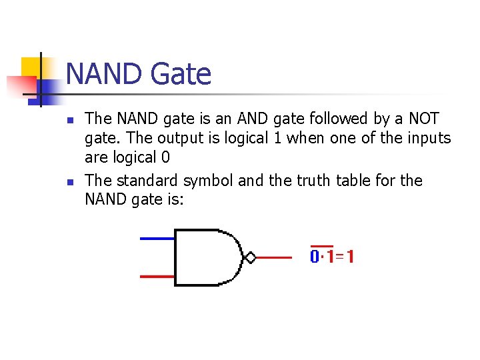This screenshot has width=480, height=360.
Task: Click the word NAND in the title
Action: pos(104,74)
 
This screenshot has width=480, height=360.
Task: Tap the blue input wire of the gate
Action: pos(157,238)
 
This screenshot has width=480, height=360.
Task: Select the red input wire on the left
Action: pos(157,276)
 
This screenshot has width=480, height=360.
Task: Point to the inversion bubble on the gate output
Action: pos(251,257)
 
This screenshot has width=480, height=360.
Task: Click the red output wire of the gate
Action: pos(273,257)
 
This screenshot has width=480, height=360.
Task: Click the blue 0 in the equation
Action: pos(315,257)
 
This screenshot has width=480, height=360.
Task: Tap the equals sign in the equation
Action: pos(340,257)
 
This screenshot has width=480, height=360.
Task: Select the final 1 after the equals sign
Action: pos(349,257)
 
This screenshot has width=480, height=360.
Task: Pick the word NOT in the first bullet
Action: pos(423,119)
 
